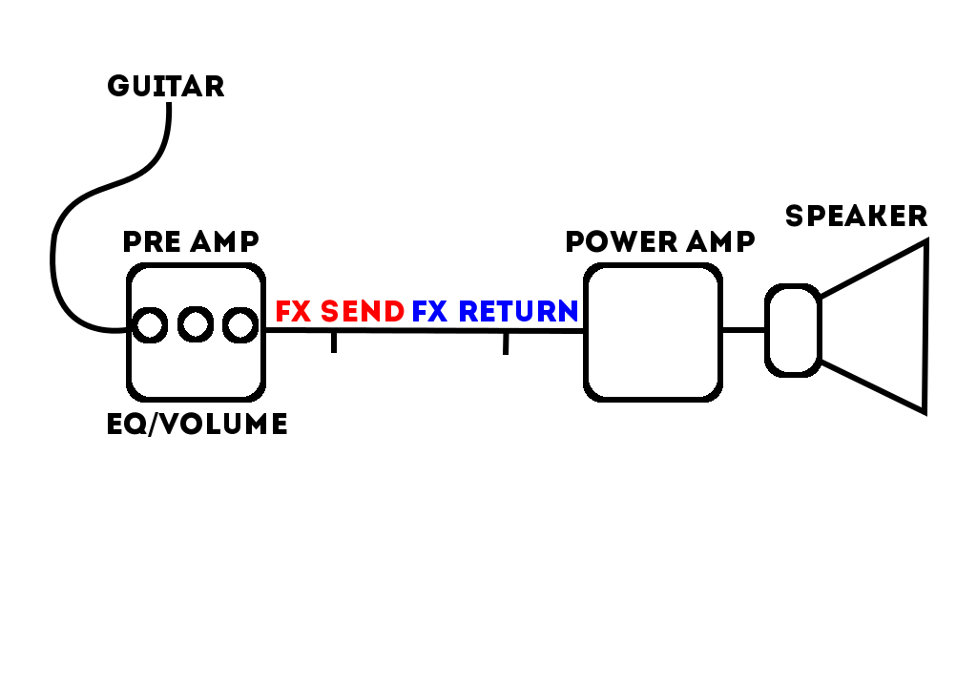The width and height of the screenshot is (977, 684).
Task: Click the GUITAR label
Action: (166, 87)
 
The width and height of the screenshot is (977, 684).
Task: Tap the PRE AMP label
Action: (191, 241)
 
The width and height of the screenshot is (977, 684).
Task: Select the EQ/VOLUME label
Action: (197, 424)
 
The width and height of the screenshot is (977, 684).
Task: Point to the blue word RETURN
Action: (518, 312)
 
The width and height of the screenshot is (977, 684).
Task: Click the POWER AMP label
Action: (660, 241)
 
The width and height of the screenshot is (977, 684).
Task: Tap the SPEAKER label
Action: (856, 217)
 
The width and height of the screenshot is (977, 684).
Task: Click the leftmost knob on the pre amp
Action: (149, 325)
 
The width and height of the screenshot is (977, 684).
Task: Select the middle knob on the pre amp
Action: (196, 325)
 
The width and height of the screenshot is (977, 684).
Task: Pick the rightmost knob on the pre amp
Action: (240, 325)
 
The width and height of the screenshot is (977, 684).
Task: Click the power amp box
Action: (653, 332)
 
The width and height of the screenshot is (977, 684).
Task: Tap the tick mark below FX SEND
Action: (333, 342)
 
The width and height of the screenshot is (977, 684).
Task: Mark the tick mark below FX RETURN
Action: (506, 343)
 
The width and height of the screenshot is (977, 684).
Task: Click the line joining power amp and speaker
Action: (743, 330)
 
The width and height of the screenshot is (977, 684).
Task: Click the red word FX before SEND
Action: (294, 312)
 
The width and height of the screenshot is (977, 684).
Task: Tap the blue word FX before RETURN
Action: (430, 312)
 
